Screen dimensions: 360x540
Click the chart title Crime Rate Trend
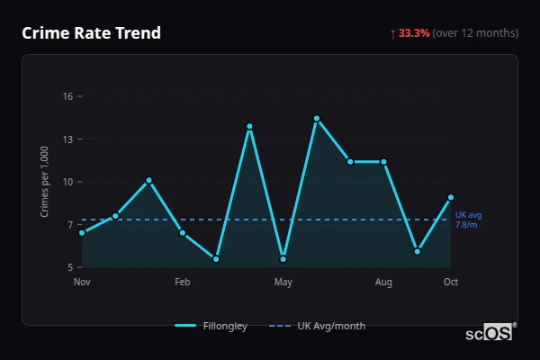click(92, 33)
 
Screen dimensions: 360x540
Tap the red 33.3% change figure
click(414, 33)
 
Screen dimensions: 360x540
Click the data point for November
click(82, 233)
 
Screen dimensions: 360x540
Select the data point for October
click(451, 197)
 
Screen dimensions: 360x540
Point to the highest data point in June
click(317, 118)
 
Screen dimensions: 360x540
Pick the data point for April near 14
click(249, 126)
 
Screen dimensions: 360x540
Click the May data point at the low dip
click(283, 259)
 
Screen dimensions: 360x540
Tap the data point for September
click(418, 251)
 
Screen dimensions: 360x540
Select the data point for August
click(384, 162)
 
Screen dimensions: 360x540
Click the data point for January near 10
click(148, 180)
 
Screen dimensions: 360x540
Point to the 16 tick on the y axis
click(67, 96)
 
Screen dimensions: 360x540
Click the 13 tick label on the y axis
click(67, 139)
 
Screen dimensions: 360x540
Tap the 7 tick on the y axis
click(69, 225)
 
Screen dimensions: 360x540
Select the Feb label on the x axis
click(183, 283)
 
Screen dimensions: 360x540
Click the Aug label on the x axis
click(384, 283)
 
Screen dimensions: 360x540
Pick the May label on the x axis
click(283, 283)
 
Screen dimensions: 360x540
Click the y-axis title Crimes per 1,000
click(45, 182)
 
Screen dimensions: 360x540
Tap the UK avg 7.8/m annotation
click(468, 220)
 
